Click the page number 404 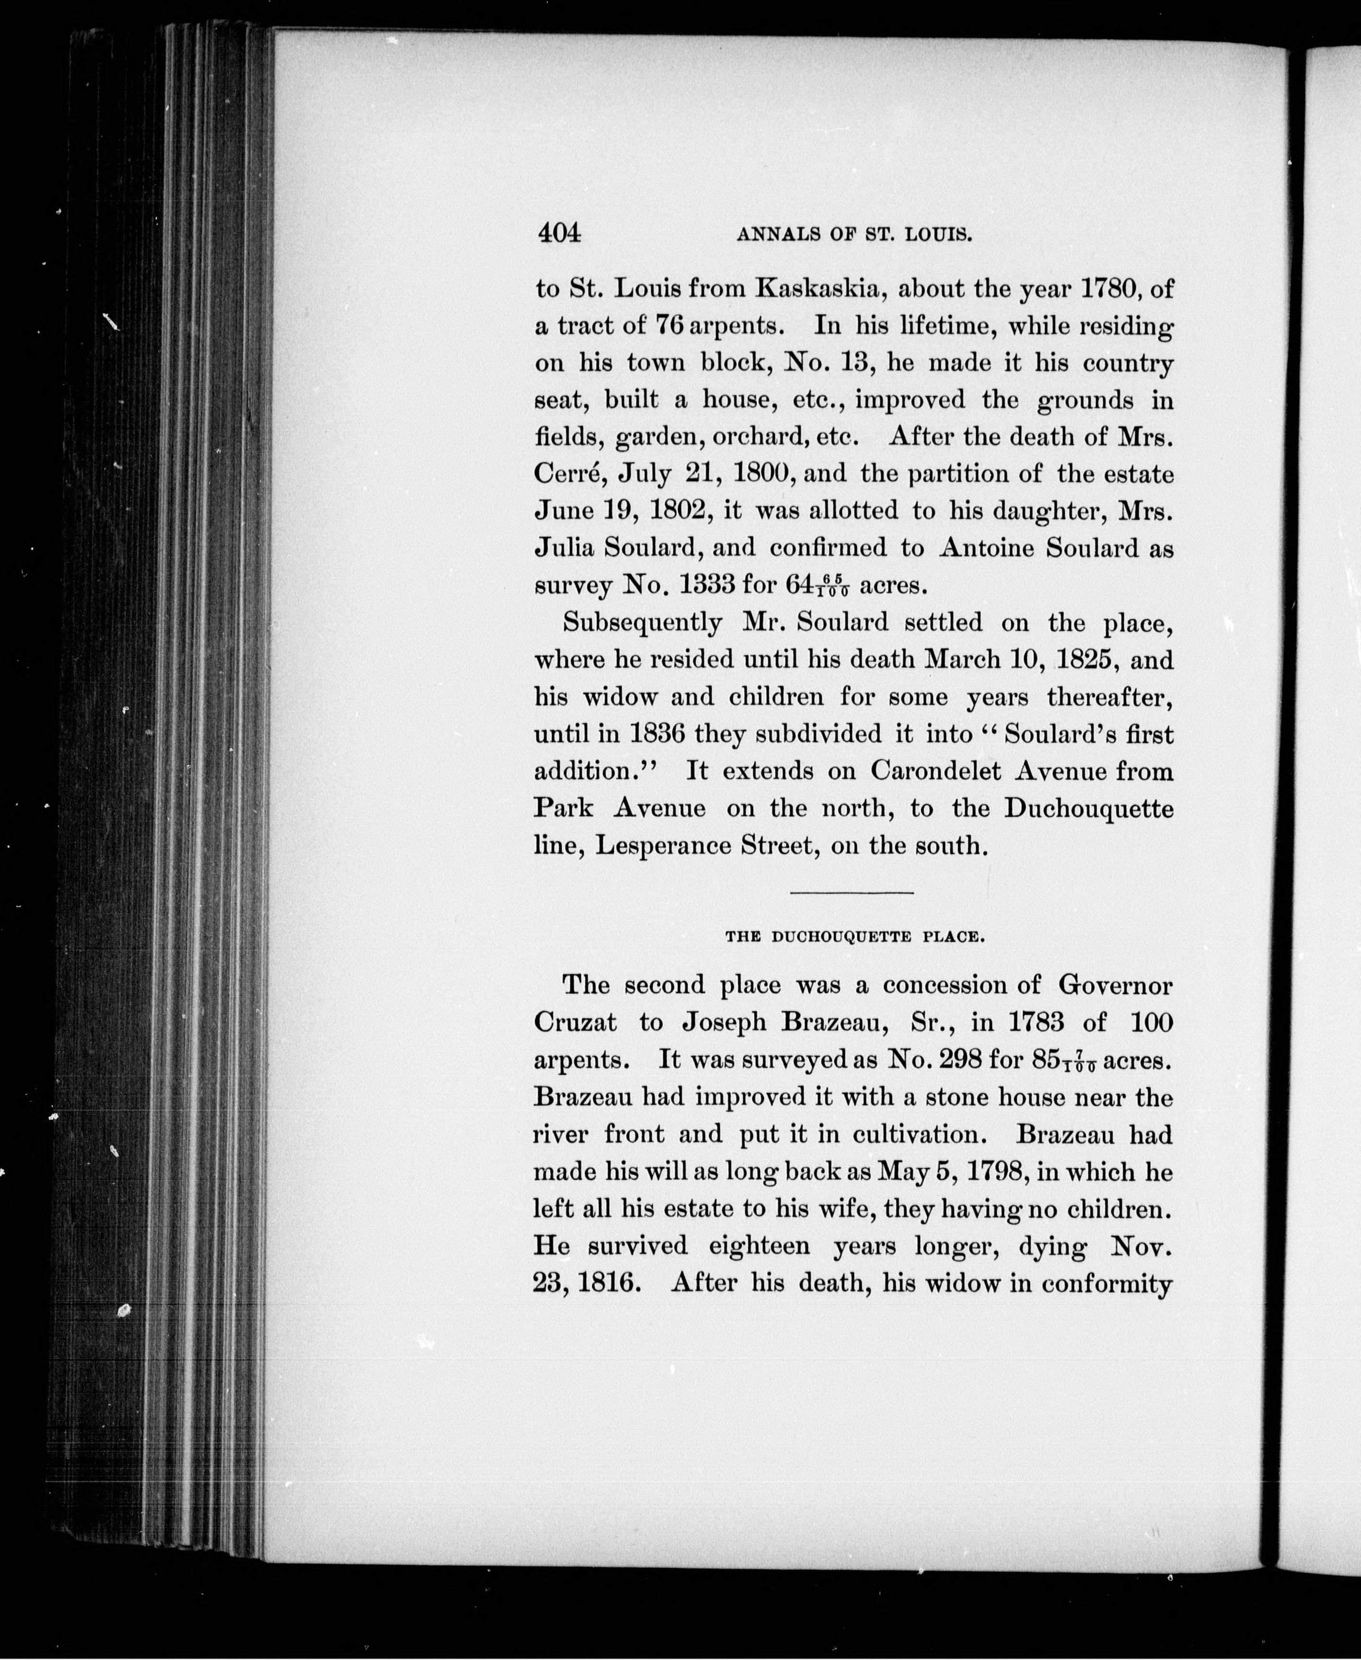(x=559, y=233)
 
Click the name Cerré (x=563, y=474)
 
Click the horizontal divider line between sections (x=852, y=893)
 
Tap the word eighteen (x=759, y=1245)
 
